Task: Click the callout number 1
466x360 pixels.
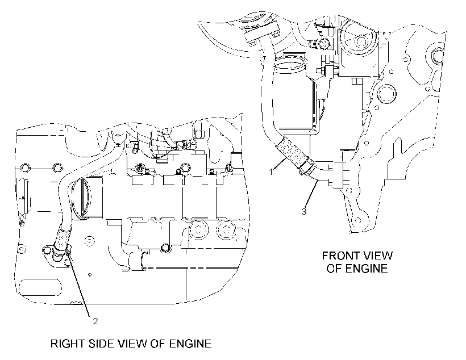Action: click(x=271, y=171)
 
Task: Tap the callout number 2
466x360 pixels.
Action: click(x=95, y=321)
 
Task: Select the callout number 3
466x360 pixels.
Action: click(x=303, y=211)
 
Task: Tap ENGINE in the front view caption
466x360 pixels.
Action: click(x=367, y=269)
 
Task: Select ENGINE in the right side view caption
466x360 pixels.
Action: click(x=190, y=344)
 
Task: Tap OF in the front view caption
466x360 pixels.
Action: click(x=334, y=269)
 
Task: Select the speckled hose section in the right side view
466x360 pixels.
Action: click(x=63, y=237)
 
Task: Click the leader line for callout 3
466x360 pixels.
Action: click(x=312, y=194)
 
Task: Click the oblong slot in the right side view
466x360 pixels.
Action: click(x=40, y=287)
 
